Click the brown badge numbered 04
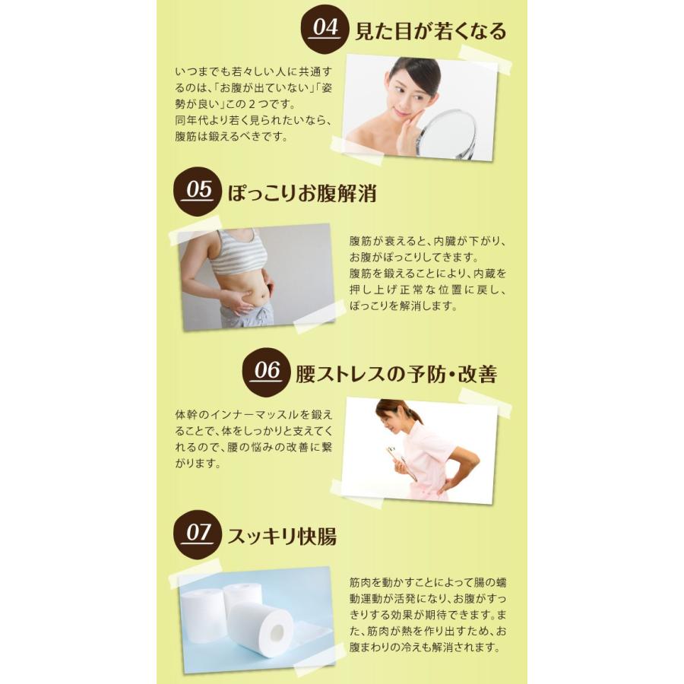[x=325, y=28]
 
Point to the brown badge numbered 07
[x=198, y=533]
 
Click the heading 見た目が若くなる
[x=430, y=32]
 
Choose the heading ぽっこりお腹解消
[x=302, y=193]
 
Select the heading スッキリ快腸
[x=281, y=535]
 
